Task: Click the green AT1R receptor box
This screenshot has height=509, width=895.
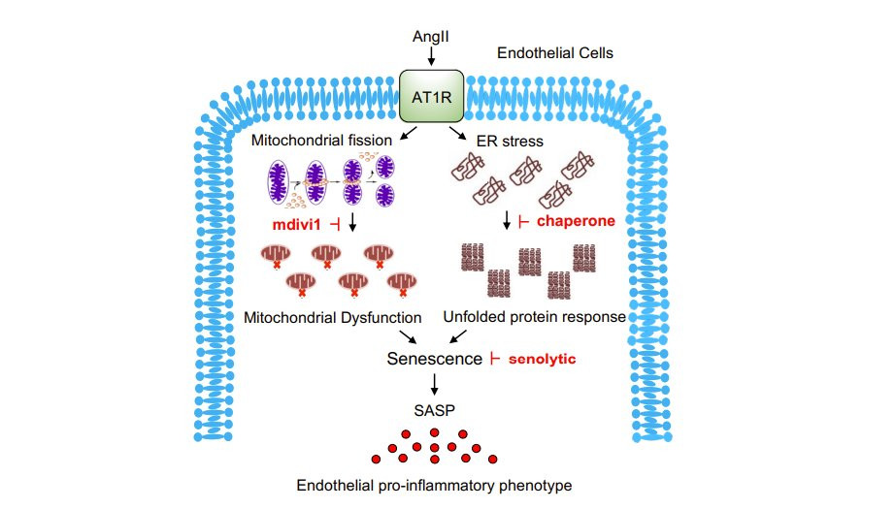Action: (x=432, y=97)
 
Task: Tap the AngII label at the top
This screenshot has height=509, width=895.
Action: (x=432, y=37)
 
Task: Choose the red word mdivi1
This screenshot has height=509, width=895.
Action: (x=296, y=224)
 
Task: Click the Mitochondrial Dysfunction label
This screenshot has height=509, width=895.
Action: (x=333, y=317)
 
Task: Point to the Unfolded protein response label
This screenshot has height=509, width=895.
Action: (x=534, y=317)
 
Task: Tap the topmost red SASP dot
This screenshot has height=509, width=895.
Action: (x=434, y=432)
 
